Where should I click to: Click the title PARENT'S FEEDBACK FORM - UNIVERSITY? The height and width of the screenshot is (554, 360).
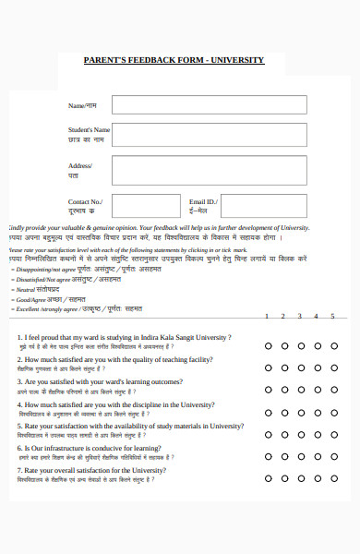click(174, 60)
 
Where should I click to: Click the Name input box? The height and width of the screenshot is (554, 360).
click(209, 105)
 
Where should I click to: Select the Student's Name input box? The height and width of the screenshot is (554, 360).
click(209, 135)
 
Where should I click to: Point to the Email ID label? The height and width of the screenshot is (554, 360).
click(202, 201)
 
